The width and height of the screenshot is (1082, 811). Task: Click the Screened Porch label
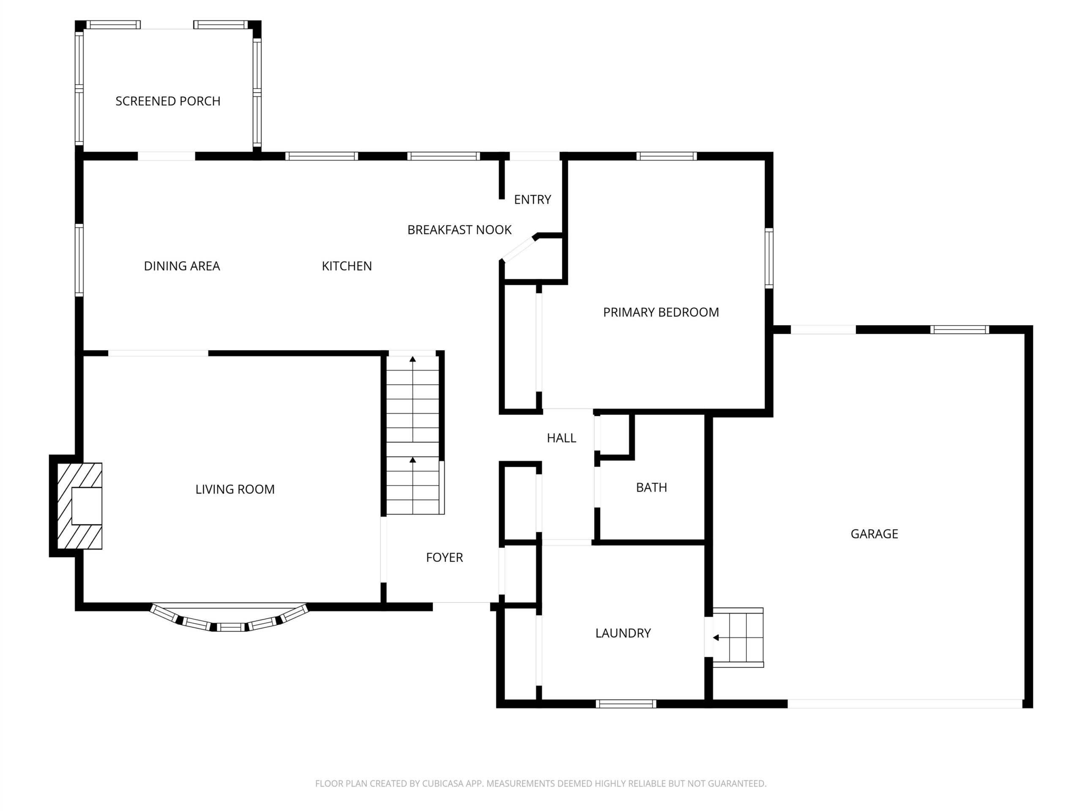(x=168, y=101)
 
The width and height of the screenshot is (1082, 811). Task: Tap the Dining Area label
(x=182, y=266)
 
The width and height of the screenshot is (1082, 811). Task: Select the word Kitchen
(x=347, y=266)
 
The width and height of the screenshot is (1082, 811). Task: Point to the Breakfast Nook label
(x=459, y=230)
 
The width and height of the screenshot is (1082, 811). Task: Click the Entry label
(x=533, y=199)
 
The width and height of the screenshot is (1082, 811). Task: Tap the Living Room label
(x=235, y=489)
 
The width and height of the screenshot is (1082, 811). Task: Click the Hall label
(x=562, y=438)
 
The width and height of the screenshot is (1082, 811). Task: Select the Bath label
(x=652, y=487)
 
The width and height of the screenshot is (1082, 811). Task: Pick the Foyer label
(x=444, y=557)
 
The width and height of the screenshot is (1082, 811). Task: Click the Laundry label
(x=623, y=633)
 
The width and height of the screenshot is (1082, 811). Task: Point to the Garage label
(x=874, y=534)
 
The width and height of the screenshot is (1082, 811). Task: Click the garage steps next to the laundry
(x=738, y=637)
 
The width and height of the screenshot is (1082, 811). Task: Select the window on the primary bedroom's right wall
(x=769, y=258)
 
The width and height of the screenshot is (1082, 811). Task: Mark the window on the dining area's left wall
(x=79, y=260)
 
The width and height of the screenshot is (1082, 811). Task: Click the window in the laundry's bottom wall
(x=626, y=704)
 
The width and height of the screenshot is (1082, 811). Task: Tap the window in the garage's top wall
(x=960, y=329)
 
